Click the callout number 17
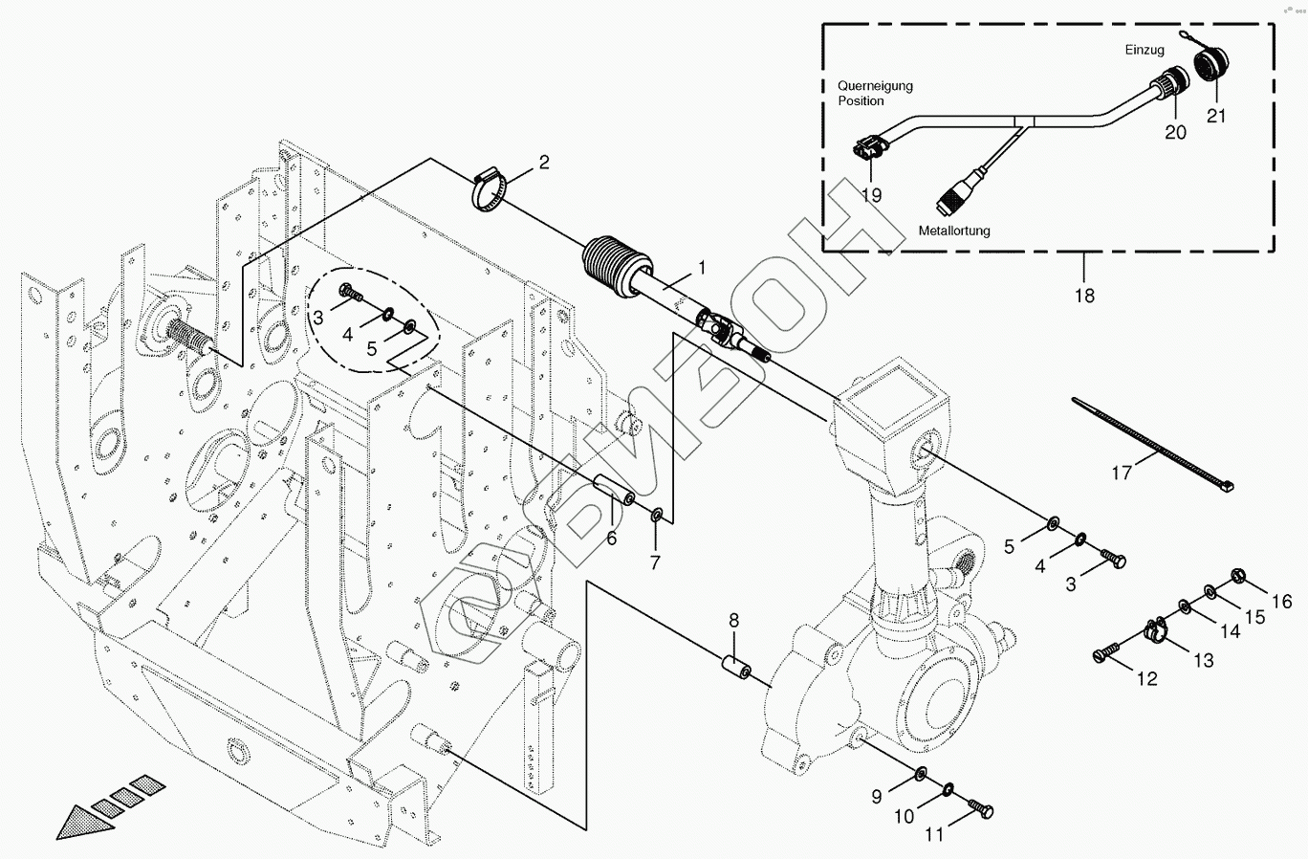click(x=1122, y=473)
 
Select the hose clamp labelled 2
click(x=489, y=187)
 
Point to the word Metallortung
click(x=954, y=231)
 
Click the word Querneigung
click(x=875, y=85)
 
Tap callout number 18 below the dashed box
click(x=1083, y=296)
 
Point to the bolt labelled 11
click(x=980, y=809)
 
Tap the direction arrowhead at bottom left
click(x=81, y=821)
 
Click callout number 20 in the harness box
click(x=1175, y=133)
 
